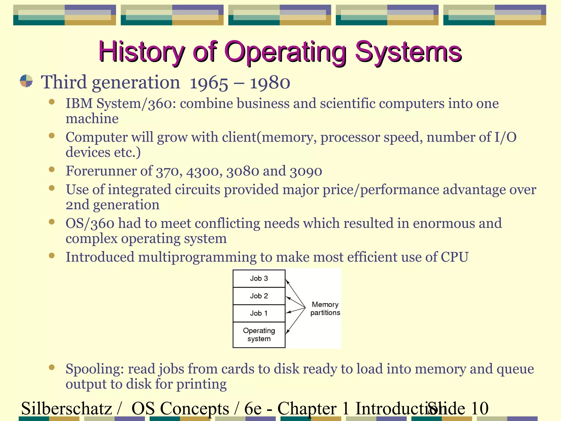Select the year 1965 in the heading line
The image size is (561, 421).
(x=209, y=83)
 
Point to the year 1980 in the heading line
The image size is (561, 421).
(x=270, y=83)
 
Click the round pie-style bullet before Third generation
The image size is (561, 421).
(x=26, y=81)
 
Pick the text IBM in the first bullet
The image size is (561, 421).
(x=79, y=104)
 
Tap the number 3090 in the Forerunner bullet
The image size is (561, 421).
(x=306, y=171)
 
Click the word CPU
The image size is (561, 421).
(x=454, y=257)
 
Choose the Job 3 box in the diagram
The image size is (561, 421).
(x=259, y=278)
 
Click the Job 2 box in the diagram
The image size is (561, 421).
(x=259, y=296)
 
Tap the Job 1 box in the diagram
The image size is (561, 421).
(x=259, y=313)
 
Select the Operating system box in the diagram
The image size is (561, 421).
(x=259, y=335)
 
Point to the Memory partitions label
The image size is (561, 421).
(x=325, y=309)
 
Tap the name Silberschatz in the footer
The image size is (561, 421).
(x=67, y=408)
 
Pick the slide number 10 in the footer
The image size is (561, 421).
(x=479, y=408)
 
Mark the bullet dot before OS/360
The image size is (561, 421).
(x=52, y=222)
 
